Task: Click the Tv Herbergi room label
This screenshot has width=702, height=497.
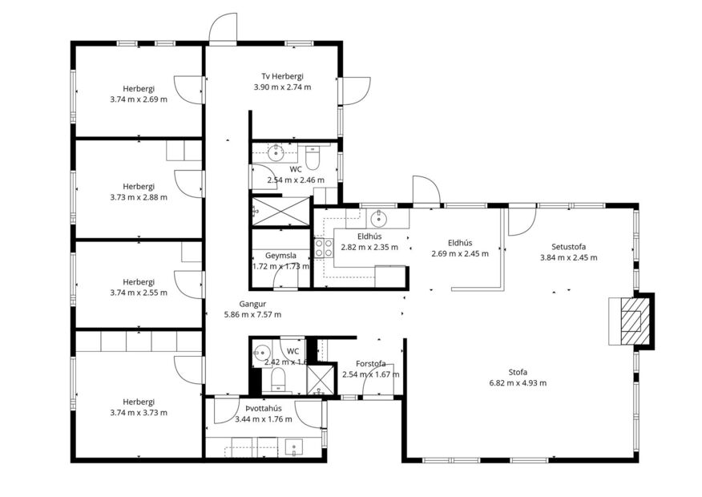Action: pos(282,76)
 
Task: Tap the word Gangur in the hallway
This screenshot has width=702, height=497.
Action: pos(252,304)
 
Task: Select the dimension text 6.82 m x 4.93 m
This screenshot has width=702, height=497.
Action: pos(518,383)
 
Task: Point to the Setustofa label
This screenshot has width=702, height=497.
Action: pos(568,246)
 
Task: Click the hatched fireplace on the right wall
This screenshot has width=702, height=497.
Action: pos(631,320)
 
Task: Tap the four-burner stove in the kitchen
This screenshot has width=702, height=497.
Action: pos(325,248)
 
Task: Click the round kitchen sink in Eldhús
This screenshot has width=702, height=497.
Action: pos(378,218)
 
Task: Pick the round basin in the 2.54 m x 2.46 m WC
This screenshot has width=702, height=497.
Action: pos(275,152)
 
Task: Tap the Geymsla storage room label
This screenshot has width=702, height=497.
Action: pos(280,256)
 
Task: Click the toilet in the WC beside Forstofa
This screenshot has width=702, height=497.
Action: pos(278,378)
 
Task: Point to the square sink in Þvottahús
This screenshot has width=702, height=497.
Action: pos(294,447)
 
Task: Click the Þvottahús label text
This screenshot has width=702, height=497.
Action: pos(263,408)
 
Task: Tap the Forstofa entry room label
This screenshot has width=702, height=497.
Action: pos(370,364)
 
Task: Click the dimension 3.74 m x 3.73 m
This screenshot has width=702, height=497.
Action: pos(139,413)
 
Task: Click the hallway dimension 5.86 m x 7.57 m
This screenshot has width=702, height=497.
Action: pos(252,315)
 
